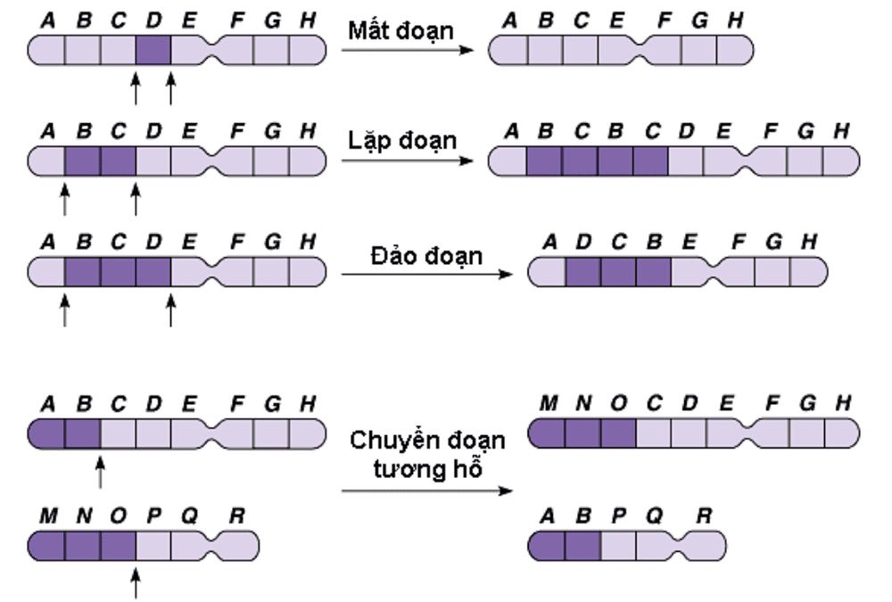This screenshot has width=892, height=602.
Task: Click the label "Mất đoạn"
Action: (401, 29)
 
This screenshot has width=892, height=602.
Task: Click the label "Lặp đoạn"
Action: (401, 140)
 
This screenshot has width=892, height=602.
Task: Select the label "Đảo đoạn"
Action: (426, 256)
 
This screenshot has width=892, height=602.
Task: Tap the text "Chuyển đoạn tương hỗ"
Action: (427, 453)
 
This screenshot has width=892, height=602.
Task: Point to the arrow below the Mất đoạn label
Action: (407, 50)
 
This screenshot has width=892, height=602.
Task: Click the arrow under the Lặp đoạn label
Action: (407, 161)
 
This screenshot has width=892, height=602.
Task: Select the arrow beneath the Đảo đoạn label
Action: (426, 274)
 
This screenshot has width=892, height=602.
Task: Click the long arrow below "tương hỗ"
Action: (427, 491)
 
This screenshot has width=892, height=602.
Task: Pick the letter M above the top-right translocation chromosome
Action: (549, 404)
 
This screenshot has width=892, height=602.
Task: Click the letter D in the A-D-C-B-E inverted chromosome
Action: (583, 243)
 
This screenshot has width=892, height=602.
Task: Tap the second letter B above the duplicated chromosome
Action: (617, 131)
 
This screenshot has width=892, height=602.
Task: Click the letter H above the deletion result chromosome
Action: (735, 20)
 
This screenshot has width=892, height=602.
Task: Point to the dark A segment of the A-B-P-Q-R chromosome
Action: (547, 543)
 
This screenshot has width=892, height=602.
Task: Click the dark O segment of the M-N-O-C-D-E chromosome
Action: (618, 433)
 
